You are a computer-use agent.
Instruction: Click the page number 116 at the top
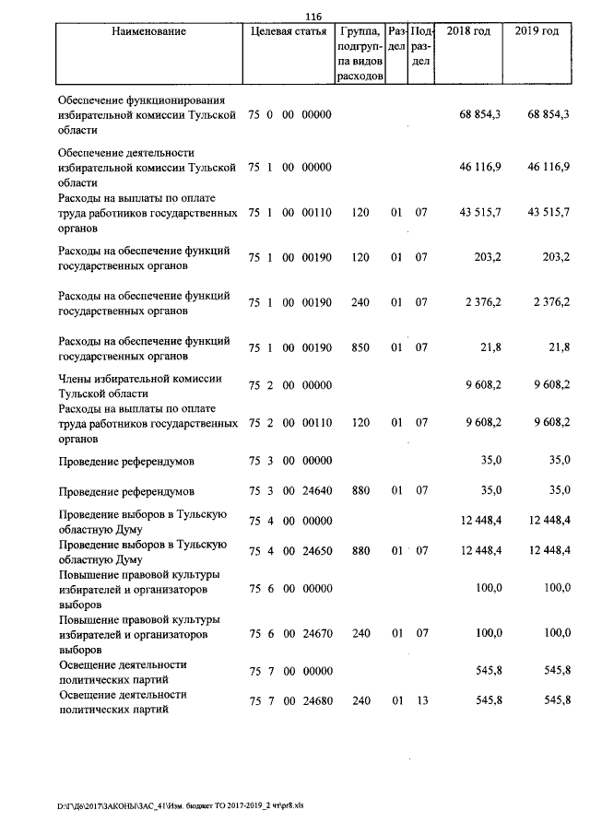(x=313, y=17)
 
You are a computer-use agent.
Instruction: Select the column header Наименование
(x=148, y=31)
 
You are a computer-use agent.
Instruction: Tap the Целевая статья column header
(x=289, y=31)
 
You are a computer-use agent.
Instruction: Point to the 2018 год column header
(x=468, y=31)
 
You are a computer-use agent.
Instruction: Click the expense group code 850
(x=360, y=346)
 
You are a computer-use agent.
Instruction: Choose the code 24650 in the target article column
(x=316, y=550)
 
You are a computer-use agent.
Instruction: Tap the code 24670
(x=316, y=634)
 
